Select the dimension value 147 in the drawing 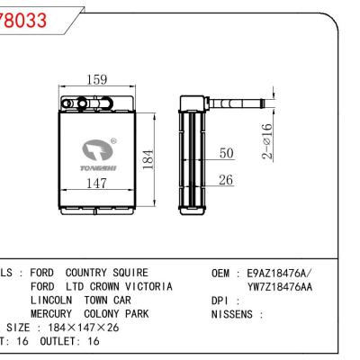click(x=98, y=183)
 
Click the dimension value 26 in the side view click(x=226, y=180)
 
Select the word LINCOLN click(x=53, y=300)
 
